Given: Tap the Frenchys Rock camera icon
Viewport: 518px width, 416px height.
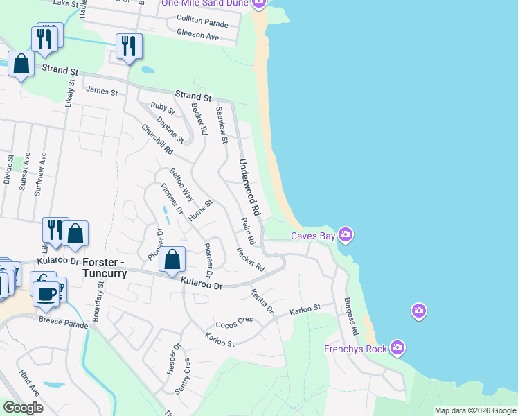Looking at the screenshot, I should coord(398,347).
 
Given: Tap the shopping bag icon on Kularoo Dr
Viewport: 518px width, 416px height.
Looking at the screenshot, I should coord(172,261).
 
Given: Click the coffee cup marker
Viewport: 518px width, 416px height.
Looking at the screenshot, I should coord(46,293).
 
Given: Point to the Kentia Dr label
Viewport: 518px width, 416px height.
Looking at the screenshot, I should coord(262,300).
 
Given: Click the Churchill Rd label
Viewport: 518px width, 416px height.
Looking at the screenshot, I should coord(157,140).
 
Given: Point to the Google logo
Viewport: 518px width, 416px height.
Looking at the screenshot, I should coord(23,408).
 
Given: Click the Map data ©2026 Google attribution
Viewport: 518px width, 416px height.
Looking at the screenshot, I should coord(474,410).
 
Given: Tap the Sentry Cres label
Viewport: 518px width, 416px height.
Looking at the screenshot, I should coord(182,376).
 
